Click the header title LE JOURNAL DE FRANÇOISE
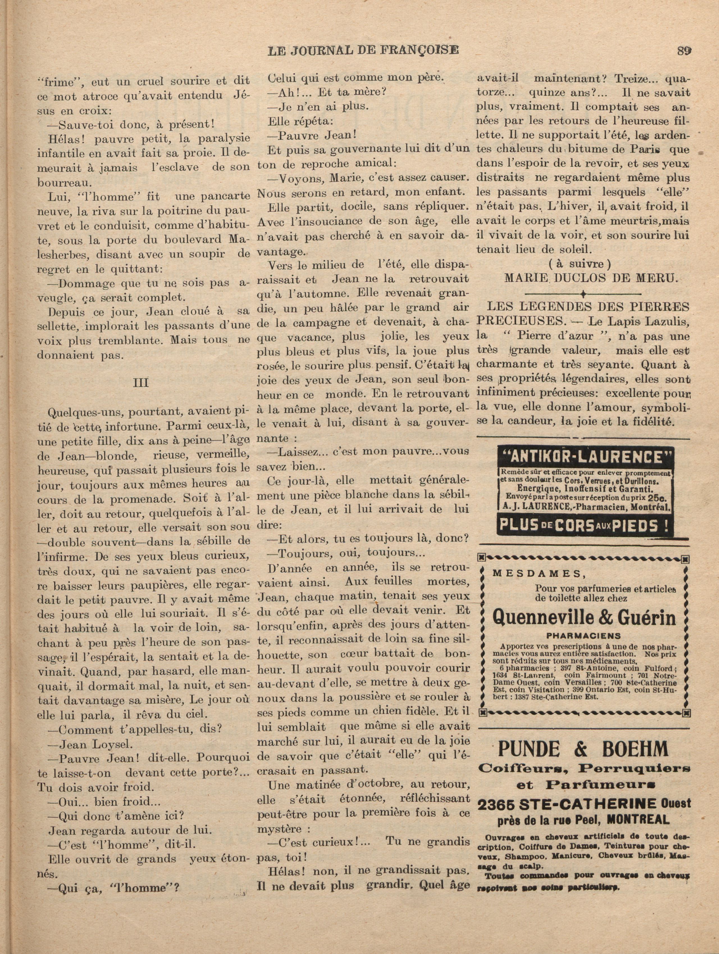tap(363, 51)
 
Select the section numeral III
tap(141, 383)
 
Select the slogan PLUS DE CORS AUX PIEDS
tap(585, 525)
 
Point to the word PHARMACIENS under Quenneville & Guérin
tap(584, 636)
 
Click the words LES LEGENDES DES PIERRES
tap(588, 307)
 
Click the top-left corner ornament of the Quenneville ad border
tap(483, 560)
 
